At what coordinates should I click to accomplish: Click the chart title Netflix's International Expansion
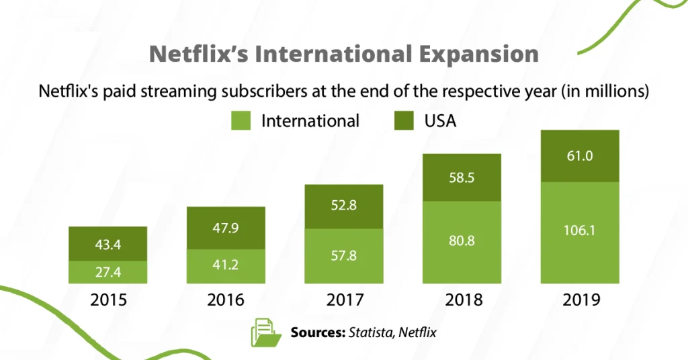click(x=343, y=54)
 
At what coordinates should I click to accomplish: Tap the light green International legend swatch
click(x=241, y=121)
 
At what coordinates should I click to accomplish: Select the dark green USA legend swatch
click(x=403, y=121)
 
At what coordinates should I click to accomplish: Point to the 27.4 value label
click(x=108, y=272)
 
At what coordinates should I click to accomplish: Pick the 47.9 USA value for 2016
click(x=226, y=228)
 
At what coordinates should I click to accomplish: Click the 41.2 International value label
click(x=226, y=265)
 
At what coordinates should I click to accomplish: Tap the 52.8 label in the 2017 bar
click(x=343, y=206)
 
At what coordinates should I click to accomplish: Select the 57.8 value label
click(x=343, y=256)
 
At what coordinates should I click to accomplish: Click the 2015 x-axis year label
click(x=108, y=300)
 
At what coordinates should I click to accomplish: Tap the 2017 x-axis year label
click(x=343, y=300)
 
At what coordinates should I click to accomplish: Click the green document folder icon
click(x=265, y=332)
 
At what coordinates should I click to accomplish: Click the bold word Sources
click(x=316, y=332)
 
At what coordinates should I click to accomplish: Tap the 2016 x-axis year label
click(x=226, y=300)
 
